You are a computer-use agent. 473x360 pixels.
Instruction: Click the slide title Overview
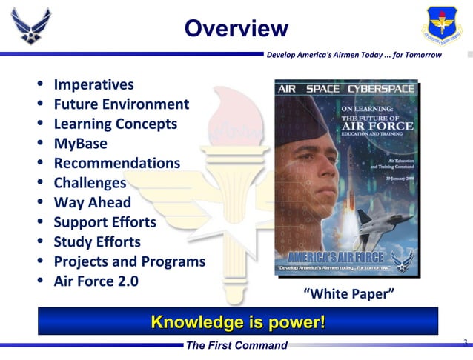(236, 29)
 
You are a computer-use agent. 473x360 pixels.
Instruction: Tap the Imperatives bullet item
(93, 85)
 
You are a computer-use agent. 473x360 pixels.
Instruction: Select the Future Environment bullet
(121, 104)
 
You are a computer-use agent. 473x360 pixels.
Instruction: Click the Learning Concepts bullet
(115, 124)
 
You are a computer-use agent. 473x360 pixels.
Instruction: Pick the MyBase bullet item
(80, 144)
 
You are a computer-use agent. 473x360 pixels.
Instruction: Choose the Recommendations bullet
(116, 163)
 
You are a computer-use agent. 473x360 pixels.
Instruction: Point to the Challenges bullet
(90, 183)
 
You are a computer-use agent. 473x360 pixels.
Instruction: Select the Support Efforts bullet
(105, 222)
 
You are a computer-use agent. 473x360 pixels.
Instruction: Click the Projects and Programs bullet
(129, 261)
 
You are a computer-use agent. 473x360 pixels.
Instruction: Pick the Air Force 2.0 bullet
(96, 281)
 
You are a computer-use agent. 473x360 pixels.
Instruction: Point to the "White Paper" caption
(348, 295)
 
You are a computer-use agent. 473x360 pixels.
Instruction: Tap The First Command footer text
(236, 346)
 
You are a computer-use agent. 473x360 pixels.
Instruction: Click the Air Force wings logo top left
(32, 26)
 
